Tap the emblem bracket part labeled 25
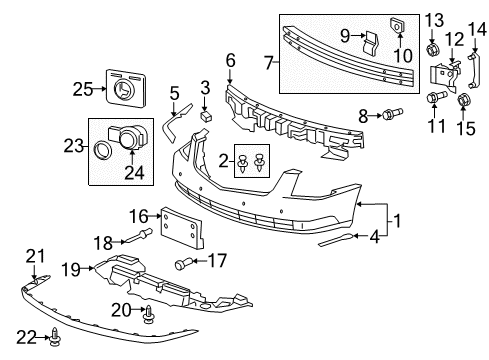tap(123, 86)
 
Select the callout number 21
tap(36, 257)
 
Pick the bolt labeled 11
tap(435, 98)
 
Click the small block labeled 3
tap(203, 115)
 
